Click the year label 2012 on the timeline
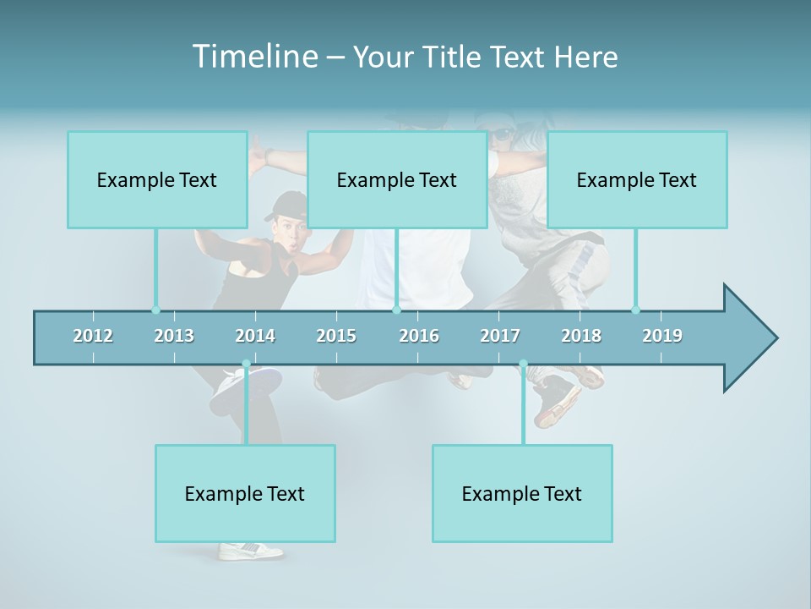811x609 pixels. [x=93, y=336]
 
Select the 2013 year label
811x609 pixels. [x=174, y=336]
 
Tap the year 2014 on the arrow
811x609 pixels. [x=255, y=336]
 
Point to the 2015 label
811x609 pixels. [x=336, y=336]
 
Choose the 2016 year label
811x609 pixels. [x=419, y=336]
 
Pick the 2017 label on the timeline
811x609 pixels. [x=500, y=336]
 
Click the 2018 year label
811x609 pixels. [x=581, y=336]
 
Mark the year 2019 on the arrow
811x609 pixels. [x=662, y=336]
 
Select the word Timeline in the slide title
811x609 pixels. [x=253, y=57]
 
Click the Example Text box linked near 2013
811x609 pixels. [x=157, y=179]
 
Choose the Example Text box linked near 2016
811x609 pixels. [x=397, y=179]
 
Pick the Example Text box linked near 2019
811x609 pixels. [x=637, y=179]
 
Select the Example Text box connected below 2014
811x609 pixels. [x=245, y=493]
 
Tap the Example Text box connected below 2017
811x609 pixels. [x=522, y=493]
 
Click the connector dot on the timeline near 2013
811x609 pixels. [x=155, y=310]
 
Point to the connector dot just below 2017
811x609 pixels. [x=523, y=364]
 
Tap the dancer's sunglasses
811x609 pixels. [x=502, y=134]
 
